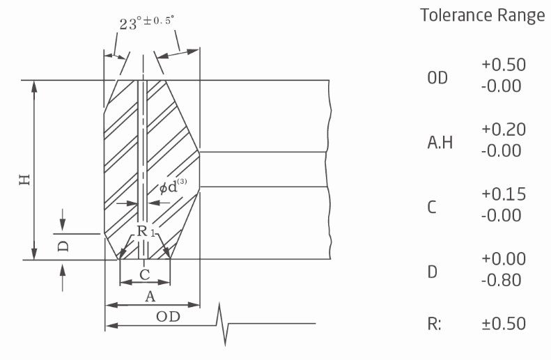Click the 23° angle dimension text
[x=146, y=23]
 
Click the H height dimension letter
[x=25, y=180]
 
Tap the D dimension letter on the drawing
[x=63, y=246]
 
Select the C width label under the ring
[x=145, y=274]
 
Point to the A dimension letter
[x=150, y=297]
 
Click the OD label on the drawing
[x=168, y=317]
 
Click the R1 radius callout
[x=146, y=231]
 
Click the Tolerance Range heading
[x=483, y=15]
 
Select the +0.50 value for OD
[x=504, y=65]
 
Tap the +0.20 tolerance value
[x=504, y=130]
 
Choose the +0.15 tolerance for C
[x=504, y=194]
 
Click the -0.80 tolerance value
[x=501, y=281]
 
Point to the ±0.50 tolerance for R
[x=504, y=324]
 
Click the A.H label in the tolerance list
[x=440, y=143]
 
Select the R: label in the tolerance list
[x=435, y=324]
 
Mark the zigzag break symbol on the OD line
[x=222, y=324]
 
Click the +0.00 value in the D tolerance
[x=504, y=259]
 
